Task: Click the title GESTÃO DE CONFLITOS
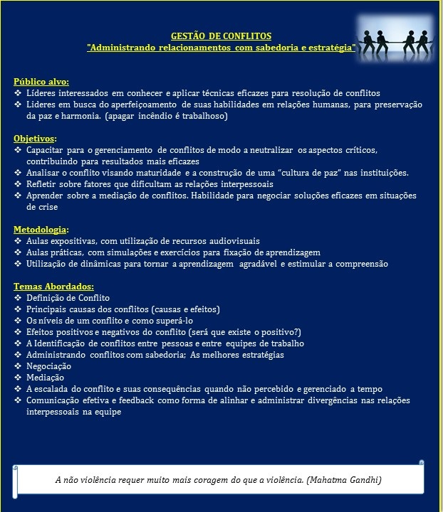221,36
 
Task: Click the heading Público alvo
41,81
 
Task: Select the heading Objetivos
35,138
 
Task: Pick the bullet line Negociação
48,366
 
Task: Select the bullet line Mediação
45,377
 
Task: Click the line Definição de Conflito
68,297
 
